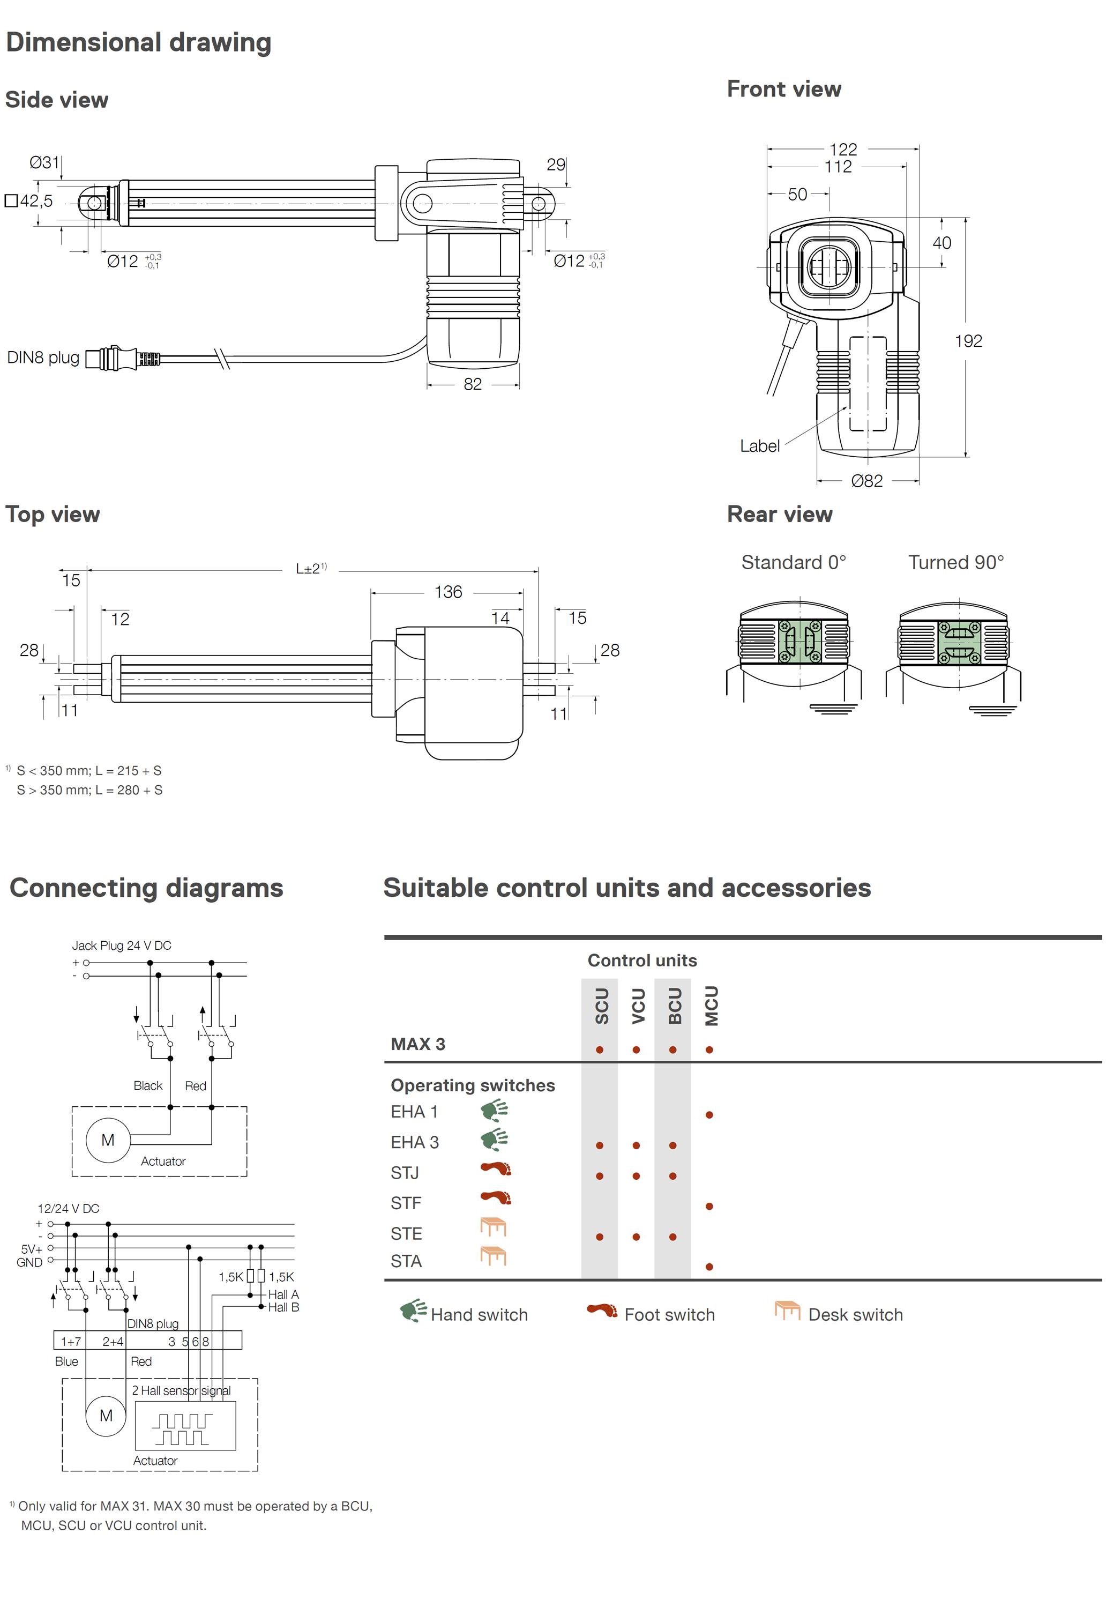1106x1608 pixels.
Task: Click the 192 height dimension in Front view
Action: point(968,341)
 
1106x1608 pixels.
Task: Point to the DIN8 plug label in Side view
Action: point(43,358)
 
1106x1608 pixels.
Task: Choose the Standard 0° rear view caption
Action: point(794,562)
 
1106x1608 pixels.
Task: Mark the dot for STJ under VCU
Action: point(636,1176)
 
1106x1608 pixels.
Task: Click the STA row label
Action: point(406,1261)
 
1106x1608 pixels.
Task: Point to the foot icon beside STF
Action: point(496,1197)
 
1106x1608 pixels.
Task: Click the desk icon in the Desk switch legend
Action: point(787,1310)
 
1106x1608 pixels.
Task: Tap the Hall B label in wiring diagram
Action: point(283,1307)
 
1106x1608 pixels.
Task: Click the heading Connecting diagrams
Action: point(146,888)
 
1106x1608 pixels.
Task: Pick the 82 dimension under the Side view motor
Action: point(473,384)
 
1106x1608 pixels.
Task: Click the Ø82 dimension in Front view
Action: point(867,481)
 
